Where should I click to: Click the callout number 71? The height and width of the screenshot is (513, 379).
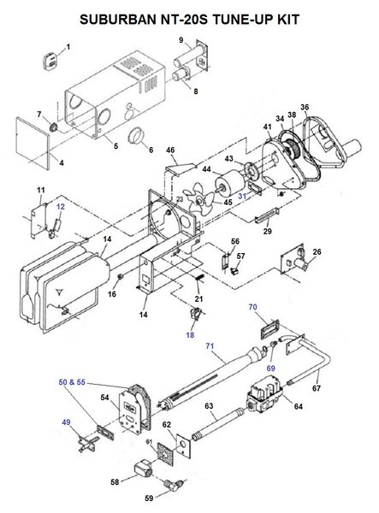pos(210,345)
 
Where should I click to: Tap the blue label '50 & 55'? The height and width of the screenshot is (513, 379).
pos(72,382)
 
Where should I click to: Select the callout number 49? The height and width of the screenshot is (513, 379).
pos(66,422)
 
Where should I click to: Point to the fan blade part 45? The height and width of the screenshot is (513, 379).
pos(199,198)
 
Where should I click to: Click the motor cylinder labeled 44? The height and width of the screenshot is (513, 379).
pos(229,184)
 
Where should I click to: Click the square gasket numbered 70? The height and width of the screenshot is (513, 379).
pos(270,329)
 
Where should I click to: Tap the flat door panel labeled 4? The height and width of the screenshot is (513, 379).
pos(33,144)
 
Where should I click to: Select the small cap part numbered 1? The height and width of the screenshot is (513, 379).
pos(50,62)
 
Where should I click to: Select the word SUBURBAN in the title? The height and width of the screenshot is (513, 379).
pos(119,20)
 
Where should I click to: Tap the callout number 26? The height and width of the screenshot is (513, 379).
pos(317,251)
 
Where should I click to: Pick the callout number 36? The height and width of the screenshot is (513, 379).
pos(305,107)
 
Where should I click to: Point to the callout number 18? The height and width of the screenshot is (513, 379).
pos(190,334)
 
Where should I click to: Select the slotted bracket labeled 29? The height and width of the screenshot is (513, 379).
pos(267,215)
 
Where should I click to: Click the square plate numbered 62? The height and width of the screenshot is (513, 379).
pos(184,444)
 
